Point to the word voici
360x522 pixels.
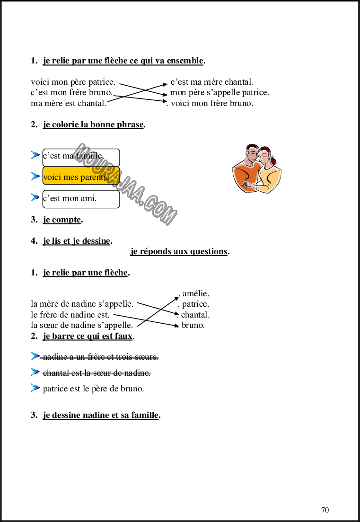click(x=52, y=177)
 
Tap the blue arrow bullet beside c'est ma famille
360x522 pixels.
click(x=35, y=155)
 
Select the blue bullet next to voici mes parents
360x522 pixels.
click(x=35, y=176)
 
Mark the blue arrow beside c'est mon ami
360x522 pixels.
click(x=35, y=197)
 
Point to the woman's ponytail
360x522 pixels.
click(x=273, y=160)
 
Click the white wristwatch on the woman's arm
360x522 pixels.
click(x=255, y=186)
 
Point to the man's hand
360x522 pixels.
click(x=247, y=186)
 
